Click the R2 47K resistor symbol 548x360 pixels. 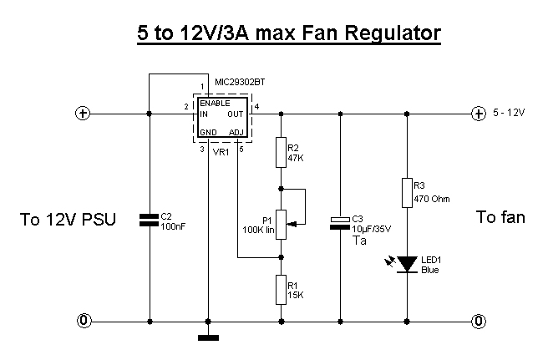[281, 152]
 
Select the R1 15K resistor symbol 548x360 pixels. [281, 290]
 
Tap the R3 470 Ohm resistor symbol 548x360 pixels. [407, 193]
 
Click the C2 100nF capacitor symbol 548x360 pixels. [149, 220]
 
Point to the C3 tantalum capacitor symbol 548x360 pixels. [340, 223]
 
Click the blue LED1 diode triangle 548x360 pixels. [407, 264]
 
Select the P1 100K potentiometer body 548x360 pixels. [281, 225]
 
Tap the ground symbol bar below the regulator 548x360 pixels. [208, 337]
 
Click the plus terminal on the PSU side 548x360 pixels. [83, 114]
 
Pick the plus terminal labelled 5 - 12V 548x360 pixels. [479, 114]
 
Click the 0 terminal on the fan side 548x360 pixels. [479, 321]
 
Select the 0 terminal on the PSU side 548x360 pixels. [84, 321]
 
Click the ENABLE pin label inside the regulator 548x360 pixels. [215, 104]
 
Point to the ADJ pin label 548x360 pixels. [236, 133]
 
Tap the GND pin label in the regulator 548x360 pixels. [208, 133]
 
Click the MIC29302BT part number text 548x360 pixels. [240, 82]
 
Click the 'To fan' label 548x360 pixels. [500, 217]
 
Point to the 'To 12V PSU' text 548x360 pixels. [68, 220]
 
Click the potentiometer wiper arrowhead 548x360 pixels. [293, 224]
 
